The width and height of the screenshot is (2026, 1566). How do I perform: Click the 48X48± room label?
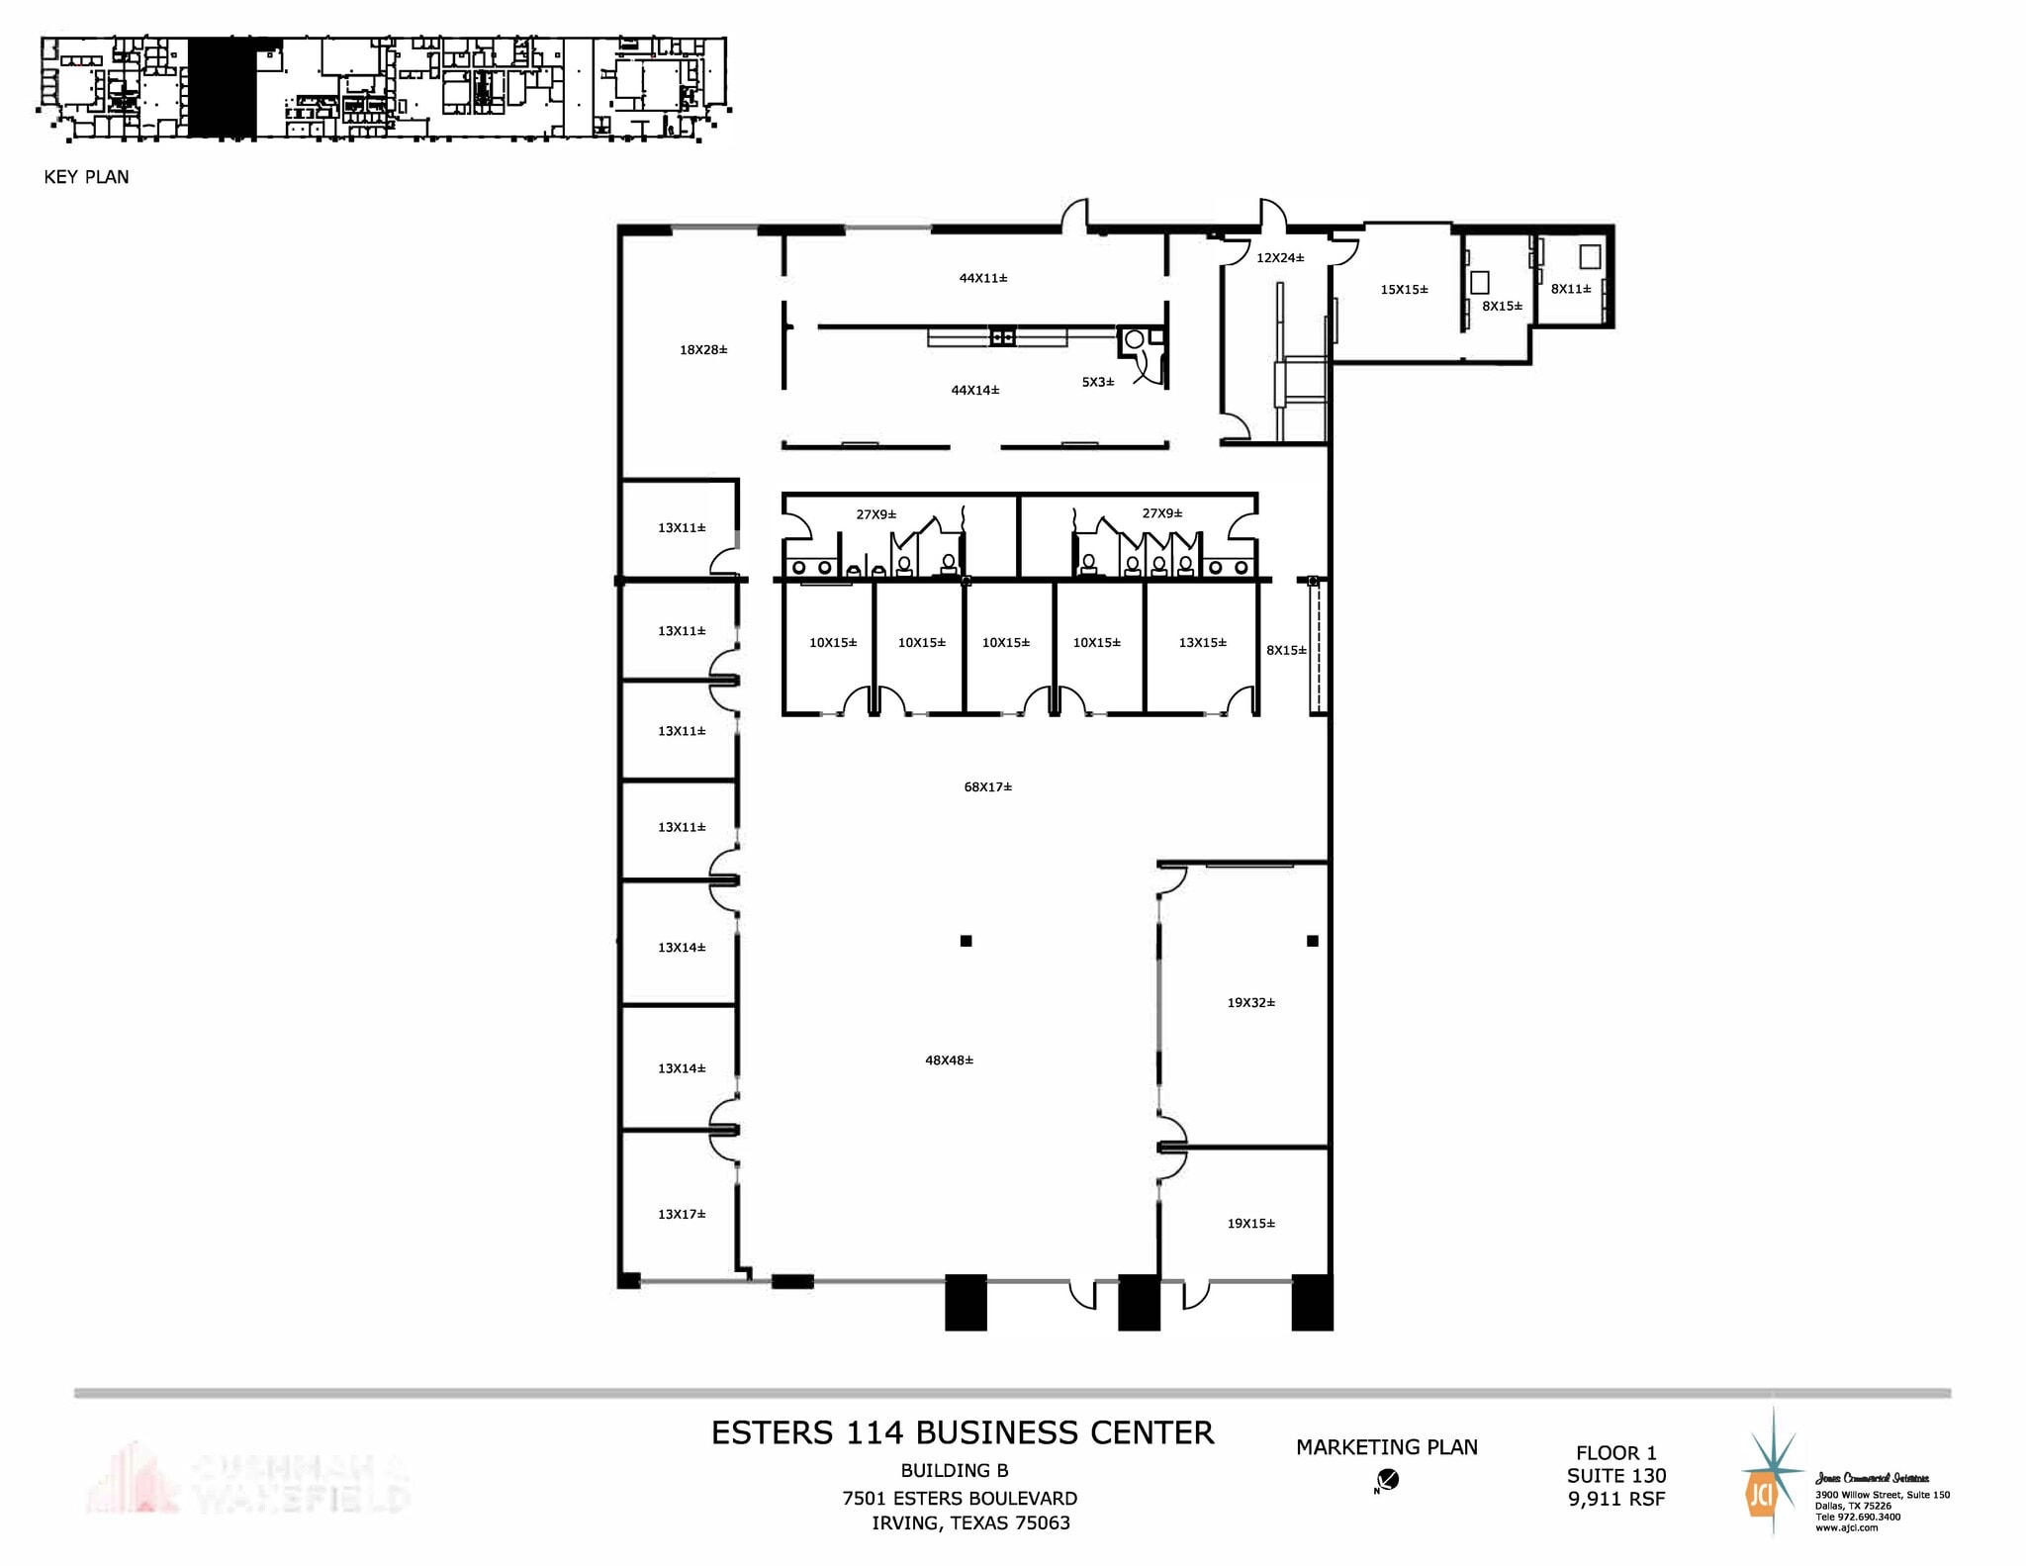point(949,1060)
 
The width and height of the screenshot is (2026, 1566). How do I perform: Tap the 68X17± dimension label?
point(987,787)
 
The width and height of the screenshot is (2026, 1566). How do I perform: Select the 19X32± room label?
point(1250,1003)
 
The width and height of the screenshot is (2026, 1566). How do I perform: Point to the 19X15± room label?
point(1250,1224)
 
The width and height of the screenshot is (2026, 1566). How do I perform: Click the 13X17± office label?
point(682,1215)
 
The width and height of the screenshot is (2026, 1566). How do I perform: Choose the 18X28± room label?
point(703,350)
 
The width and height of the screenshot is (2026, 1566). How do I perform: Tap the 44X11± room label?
point(982,279)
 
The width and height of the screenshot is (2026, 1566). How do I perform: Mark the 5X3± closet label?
point(1097,382)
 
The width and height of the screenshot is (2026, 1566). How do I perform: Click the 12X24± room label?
point(1279,258)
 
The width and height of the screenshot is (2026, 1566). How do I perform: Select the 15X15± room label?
point(1404,290)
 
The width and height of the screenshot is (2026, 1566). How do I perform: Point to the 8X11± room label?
point(1570,290)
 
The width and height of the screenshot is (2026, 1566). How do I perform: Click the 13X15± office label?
point(1202,643)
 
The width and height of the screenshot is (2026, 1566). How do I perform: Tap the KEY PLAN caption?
point(86,177)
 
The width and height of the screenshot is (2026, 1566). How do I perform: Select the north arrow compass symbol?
point(1388,1480)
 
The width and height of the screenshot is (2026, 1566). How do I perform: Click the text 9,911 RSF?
point(1615,1500)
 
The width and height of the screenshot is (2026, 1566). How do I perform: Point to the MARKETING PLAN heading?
point(1386,1447)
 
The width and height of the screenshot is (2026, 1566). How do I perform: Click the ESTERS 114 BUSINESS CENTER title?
point(962,1433)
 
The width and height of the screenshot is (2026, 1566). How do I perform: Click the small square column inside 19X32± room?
point(1312,941)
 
